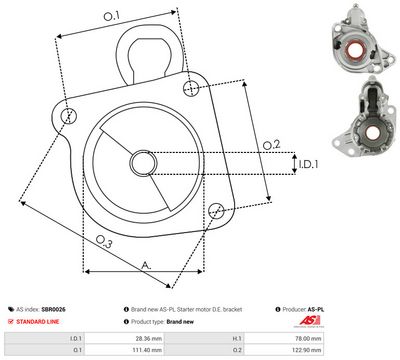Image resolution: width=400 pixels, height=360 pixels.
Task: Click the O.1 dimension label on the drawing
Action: click(112, 16)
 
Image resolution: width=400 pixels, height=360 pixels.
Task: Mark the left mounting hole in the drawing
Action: click(67, 118)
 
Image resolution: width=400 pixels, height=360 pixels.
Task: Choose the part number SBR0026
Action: click(67, 311)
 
